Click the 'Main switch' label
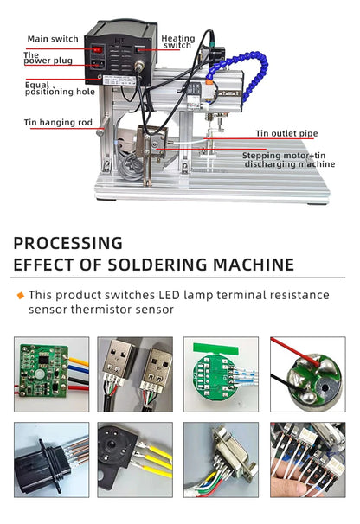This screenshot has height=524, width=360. pos(52,39)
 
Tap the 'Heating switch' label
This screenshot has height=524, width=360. pos(178,42)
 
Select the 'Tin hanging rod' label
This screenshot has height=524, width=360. pos(57,122)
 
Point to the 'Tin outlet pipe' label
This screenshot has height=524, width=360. pos(288,133)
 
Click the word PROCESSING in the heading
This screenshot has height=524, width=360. pos(67,243)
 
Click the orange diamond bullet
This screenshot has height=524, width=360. pos(20,296)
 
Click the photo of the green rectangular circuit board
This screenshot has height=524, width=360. pos(51,374)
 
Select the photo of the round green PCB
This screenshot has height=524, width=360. pos(222,374)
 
